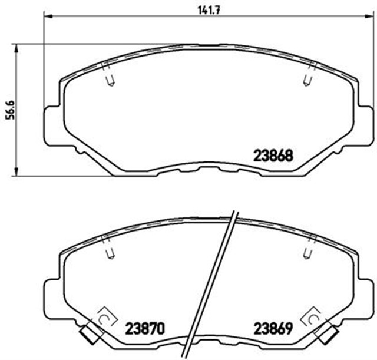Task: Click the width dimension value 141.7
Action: point(204,9)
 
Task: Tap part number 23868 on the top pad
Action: point(273,157)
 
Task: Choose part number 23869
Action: point(273,328)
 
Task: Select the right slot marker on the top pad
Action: point(306,81)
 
